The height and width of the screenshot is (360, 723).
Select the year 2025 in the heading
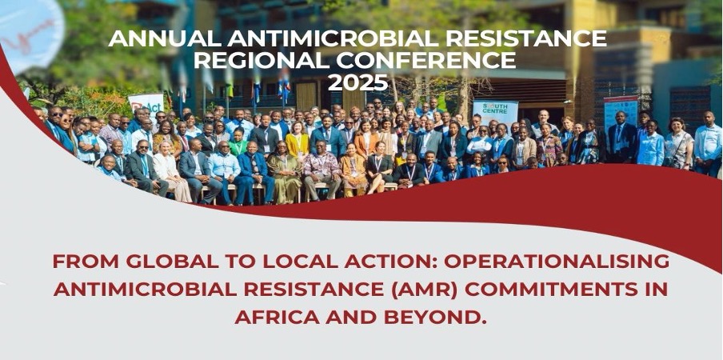[x=358, y=82]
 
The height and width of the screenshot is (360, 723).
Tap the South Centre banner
[x=495, y=113]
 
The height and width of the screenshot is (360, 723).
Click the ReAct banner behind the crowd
[x=146, y=104]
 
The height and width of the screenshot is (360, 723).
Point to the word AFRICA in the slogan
[x=270, y=317]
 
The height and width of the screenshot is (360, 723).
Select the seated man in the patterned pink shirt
[x=322, y=170]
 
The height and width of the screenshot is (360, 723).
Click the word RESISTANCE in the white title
[x=526, y=38]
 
